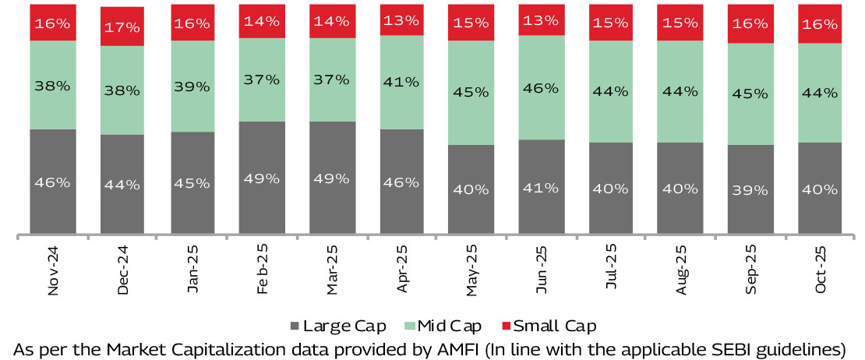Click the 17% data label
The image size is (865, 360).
122,27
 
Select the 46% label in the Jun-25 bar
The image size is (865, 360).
541,88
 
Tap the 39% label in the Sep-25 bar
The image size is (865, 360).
750,189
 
